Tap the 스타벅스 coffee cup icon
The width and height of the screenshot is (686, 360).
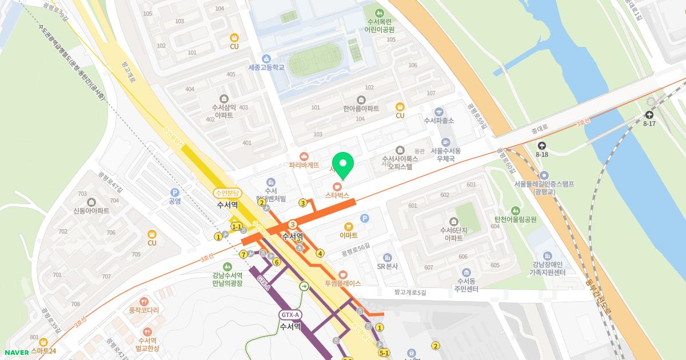tap(337, 186)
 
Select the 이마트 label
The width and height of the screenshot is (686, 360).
tap(348, 235)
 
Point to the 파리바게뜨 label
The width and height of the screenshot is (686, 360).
tap(304, 165)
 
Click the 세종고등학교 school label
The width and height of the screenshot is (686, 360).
tap(266, 67)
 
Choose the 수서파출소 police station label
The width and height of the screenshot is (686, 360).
tap(438, 121)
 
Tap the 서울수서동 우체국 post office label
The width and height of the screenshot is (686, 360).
tap(445, 154)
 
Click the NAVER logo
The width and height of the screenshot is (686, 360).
tap(17, 353)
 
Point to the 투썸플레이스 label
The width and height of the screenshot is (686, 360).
tap(342, 283)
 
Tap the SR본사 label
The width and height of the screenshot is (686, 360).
tap(387, 266)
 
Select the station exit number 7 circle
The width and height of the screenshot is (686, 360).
tap(244, 254)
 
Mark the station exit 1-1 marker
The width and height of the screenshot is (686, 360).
tap(236, 227)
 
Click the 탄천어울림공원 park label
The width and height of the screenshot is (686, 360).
tap(515, 219)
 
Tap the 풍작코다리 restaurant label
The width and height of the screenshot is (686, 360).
tap(143, 310)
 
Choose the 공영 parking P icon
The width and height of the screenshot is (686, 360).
tap(174, 193)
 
